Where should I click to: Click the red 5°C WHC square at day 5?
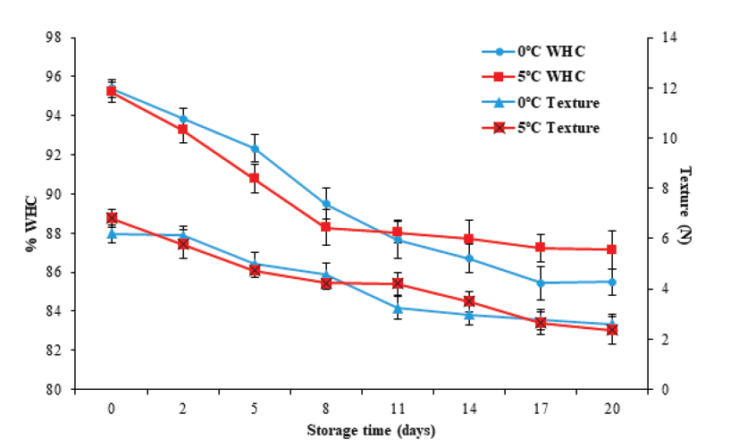(x=255, y=178)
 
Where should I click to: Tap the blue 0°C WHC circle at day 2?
(x=183, y=118)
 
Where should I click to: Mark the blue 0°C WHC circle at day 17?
(x=541, y=283)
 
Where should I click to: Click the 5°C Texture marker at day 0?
(x=112, y=217)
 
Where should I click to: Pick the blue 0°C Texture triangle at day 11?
(x=398, y=309)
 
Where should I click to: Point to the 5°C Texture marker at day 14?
(x=469, y=301)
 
